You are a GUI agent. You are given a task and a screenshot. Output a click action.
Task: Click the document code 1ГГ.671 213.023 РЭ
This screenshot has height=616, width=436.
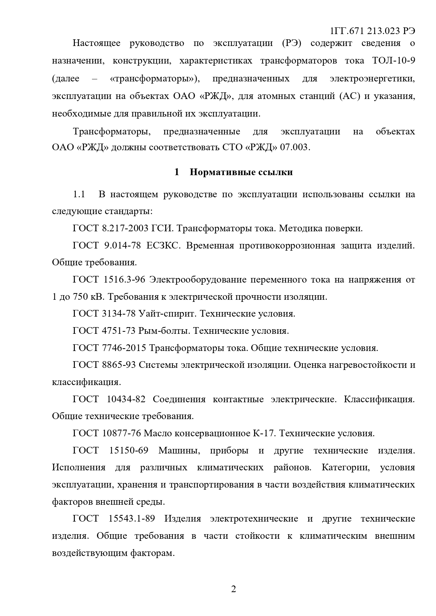pos(372,31)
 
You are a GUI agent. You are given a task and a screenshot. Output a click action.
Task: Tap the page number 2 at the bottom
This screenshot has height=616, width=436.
pos(233,589)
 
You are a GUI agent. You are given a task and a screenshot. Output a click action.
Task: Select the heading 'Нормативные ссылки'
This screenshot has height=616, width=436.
pos(241,172)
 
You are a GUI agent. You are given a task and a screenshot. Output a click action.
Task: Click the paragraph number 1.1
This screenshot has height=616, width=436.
pos(79,194)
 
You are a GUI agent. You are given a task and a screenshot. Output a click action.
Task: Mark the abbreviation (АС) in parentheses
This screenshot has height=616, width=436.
pos(350,96)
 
